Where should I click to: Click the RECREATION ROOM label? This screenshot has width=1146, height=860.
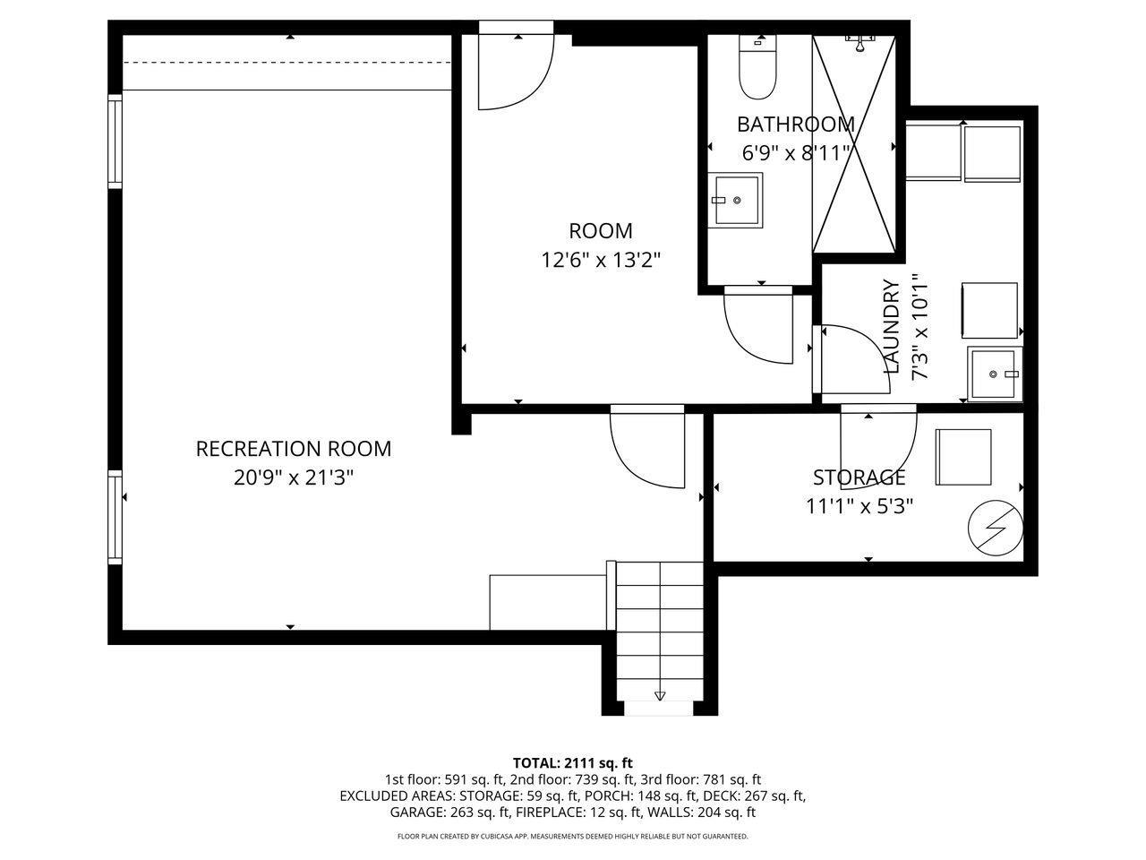coord(294,448)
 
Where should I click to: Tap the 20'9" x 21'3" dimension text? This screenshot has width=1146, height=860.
coord(294,477)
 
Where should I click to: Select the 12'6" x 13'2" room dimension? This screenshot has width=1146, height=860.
coord(601,260)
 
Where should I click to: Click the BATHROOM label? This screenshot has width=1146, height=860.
coord(795,124)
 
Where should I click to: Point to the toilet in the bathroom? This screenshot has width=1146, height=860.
coord(757,68)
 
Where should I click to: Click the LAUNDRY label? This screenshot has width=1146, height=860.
coord(891,326)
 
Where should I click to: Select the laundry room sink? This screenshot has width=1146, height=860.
coord(995,374)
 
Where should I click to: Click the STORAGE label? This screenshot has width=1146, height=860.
coord(859,477)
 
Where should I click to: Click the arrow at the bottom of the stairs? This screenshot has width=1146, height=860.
coord(660,695)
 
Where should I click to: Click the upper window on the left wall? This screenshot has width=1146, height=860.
coord(115,142)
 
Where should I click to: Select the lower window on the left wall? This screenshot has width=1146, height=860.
coord(115,517)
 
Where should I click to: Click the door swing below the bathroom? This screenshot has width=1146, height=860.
coord(759,324)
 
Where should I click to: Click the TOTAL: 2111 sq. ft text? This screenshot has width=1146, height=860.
coord(572,763)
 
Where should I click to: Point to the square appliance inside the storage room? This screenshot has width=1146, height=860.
coord(963,457)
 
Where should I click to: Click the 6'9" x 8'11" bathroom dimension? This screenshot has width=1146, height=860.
coord(795,153)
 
